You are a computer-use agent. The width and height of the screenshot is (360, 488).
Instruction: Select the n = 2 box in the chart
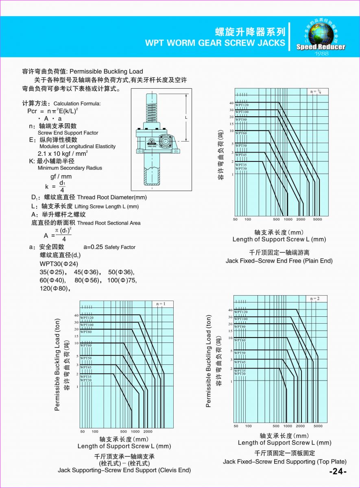(x=315, y=298)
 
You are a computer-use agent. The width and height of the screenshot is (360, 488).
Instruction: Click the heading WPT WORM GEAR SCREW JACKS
(x=215, y=43)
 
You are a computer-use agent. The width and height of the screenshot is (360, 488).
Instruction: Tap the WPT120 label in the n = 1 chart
(x=87, y=318)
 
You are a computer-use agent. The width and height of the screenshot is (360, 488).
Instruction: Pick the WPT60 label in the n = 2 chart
(x=240, y=340)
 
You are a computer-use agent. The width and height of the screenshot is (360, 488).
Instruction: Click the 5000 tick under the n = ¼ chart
(x=317, y=219)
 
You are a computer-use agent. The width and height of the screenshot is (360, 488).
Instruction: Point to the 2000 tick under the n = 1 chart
(x=148, y=431)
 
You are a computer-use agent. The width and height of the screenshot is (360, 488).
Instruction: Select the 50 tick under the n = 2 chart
(x=236, y=426)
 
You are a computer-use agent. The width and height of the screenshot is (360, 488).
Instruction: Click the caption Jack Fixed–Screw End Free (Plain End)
(x=279, y=261)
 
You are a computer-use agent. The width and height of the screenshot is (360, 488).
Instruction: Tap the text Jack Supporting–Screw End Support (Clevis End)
(x=124, y=470)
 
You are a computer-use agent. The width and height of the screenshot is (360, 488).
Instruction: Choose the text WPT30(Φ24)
(x=59, y=264)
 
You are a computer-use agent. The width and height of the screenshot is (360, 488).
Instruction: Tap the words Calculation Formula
(x=77, y=104)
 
